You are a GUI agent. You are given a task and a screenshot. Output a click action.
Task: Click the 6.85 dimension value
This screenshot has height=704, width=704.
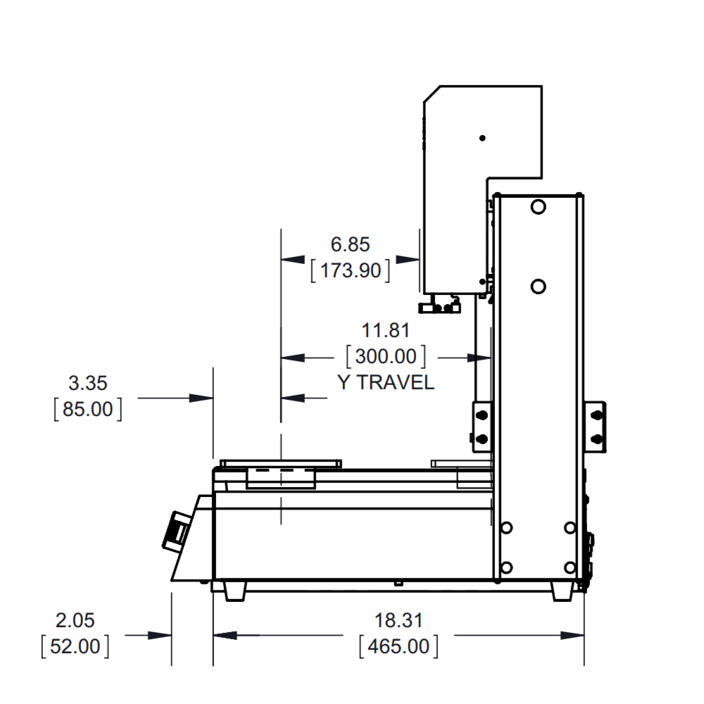tap(350, 245)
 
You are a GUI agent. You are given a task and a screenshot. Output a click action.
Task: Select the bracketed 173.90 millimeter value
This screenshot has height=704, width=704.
tap(350, 271)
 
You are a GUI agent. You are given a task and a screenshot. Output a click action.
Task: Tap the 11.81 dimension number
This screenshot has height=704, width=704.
tap(386, 331)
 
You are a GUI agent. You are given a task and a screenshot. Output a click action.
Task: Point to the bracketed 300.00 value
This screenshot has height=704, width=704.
tap(386, 356)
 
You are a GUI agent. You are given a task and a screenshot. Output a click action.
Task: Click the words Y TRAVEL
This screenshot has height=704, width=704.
tap(386, 382)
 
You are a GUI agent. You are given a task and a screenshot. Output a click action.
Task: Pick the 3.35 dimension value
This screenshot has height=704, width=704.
tap(88, 384)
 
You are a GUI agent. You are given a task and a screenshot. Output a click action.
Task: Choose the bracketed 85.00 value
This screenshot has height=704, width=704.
tap(88, 410)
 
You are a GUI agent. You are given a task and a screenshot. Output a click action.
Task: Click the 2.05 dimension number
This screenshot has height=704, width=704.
tap(75, 620)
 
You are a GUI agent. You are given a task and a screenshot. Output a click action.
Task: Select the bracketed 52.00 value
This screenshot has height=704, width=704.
tap(75, 646)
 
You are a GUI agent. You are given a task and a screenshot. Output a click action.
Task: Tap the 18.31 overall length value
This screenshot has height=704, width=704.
tap(398, 620)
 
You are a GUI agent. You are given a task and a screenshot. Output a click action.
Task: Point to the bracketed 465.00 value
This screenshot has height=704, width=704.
tap(398, 646)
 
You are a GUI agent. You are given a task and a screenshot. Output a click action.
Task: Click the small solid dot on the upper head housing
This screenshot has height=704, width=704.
tap(482, 138)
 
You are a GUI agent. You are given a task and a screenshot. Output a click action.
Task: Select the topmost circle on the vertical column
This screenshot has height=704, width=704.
tap(538, 207)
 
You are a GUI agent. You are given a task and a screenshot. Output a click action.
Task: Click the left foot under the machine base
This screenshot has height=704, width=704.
tap(235, 591)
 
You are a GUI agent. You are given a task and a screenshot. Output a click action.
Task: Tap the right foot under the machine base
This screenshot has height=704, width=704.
tap(562, 591)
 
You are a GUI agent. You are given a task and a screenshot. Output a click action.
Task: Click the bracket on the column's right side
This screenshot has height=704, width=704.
tap(596, 427)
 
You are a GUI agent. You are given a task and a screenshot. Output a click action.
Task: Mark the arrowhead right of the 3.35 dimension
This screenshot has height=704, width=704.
tap(201, 398)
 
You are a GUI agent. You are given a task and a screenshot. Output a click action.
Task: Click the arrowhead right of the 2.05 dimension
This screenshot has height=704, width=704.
tap(159, 635)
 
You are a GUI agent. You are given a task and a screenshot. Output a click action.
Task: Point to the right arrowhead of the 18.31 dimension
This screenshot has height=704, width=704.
tap(572, 635)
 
